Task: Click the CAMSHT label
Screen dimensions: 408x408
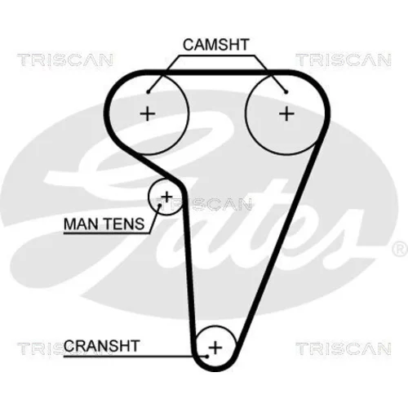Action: pyautogui.click(x=216, y=45)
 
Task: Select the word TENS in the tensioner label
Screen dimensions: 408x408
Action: pyautogui.click(x=125, y=224)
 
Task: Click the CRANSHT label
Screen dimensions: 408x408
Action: pyautogui.click(x=102, y=346)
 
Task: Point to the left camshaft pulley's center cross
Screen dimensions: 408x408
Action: pyautogui.click(x=148, y=113)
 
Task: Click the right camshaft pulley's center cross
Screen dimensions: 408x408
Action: pyautogui.click(x=286, y=113)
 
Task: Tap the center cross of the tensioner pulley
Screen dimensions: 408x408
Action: pyautogui.click(x=166, y=197)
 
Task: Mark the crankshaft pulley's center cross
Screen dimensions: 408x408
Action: pyautogui.click(x=215, y=348)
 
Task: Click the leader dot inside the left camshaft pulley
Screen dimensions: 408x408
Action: pyautogui.click(x=149, y=92)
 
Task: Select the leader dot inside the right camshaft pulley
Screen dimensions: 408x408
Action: pyautogui.click(x=286, y=92)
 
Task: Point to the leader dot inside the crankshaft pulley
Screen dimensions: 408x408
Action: pyautogui.click(x=207, y=356)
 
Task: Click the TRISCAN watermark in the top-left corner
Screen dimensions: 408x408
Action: pyautogui.click(x=65, y=60)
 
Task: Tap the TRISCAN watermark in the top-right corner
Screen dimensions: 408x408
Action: pyautogui.click(x=344, y=60)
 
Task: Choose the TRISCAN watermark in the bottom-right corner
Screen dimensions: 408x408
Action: pyautogui.click(x=344, y=348)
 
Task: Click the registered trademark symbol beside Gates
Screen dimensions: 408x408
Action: pyautogui.click(x=400, y=249)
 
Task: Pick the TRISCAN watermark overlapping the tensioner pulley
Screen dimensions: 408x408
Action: pyautogui.click(x=203, y=205)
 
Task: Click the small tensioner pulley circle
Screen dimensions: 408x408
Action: pyautogui.click(x=149, y=197)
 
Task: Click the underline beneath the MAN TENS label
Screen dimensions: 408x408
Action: pyautogui.click(x=107, y=233)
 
